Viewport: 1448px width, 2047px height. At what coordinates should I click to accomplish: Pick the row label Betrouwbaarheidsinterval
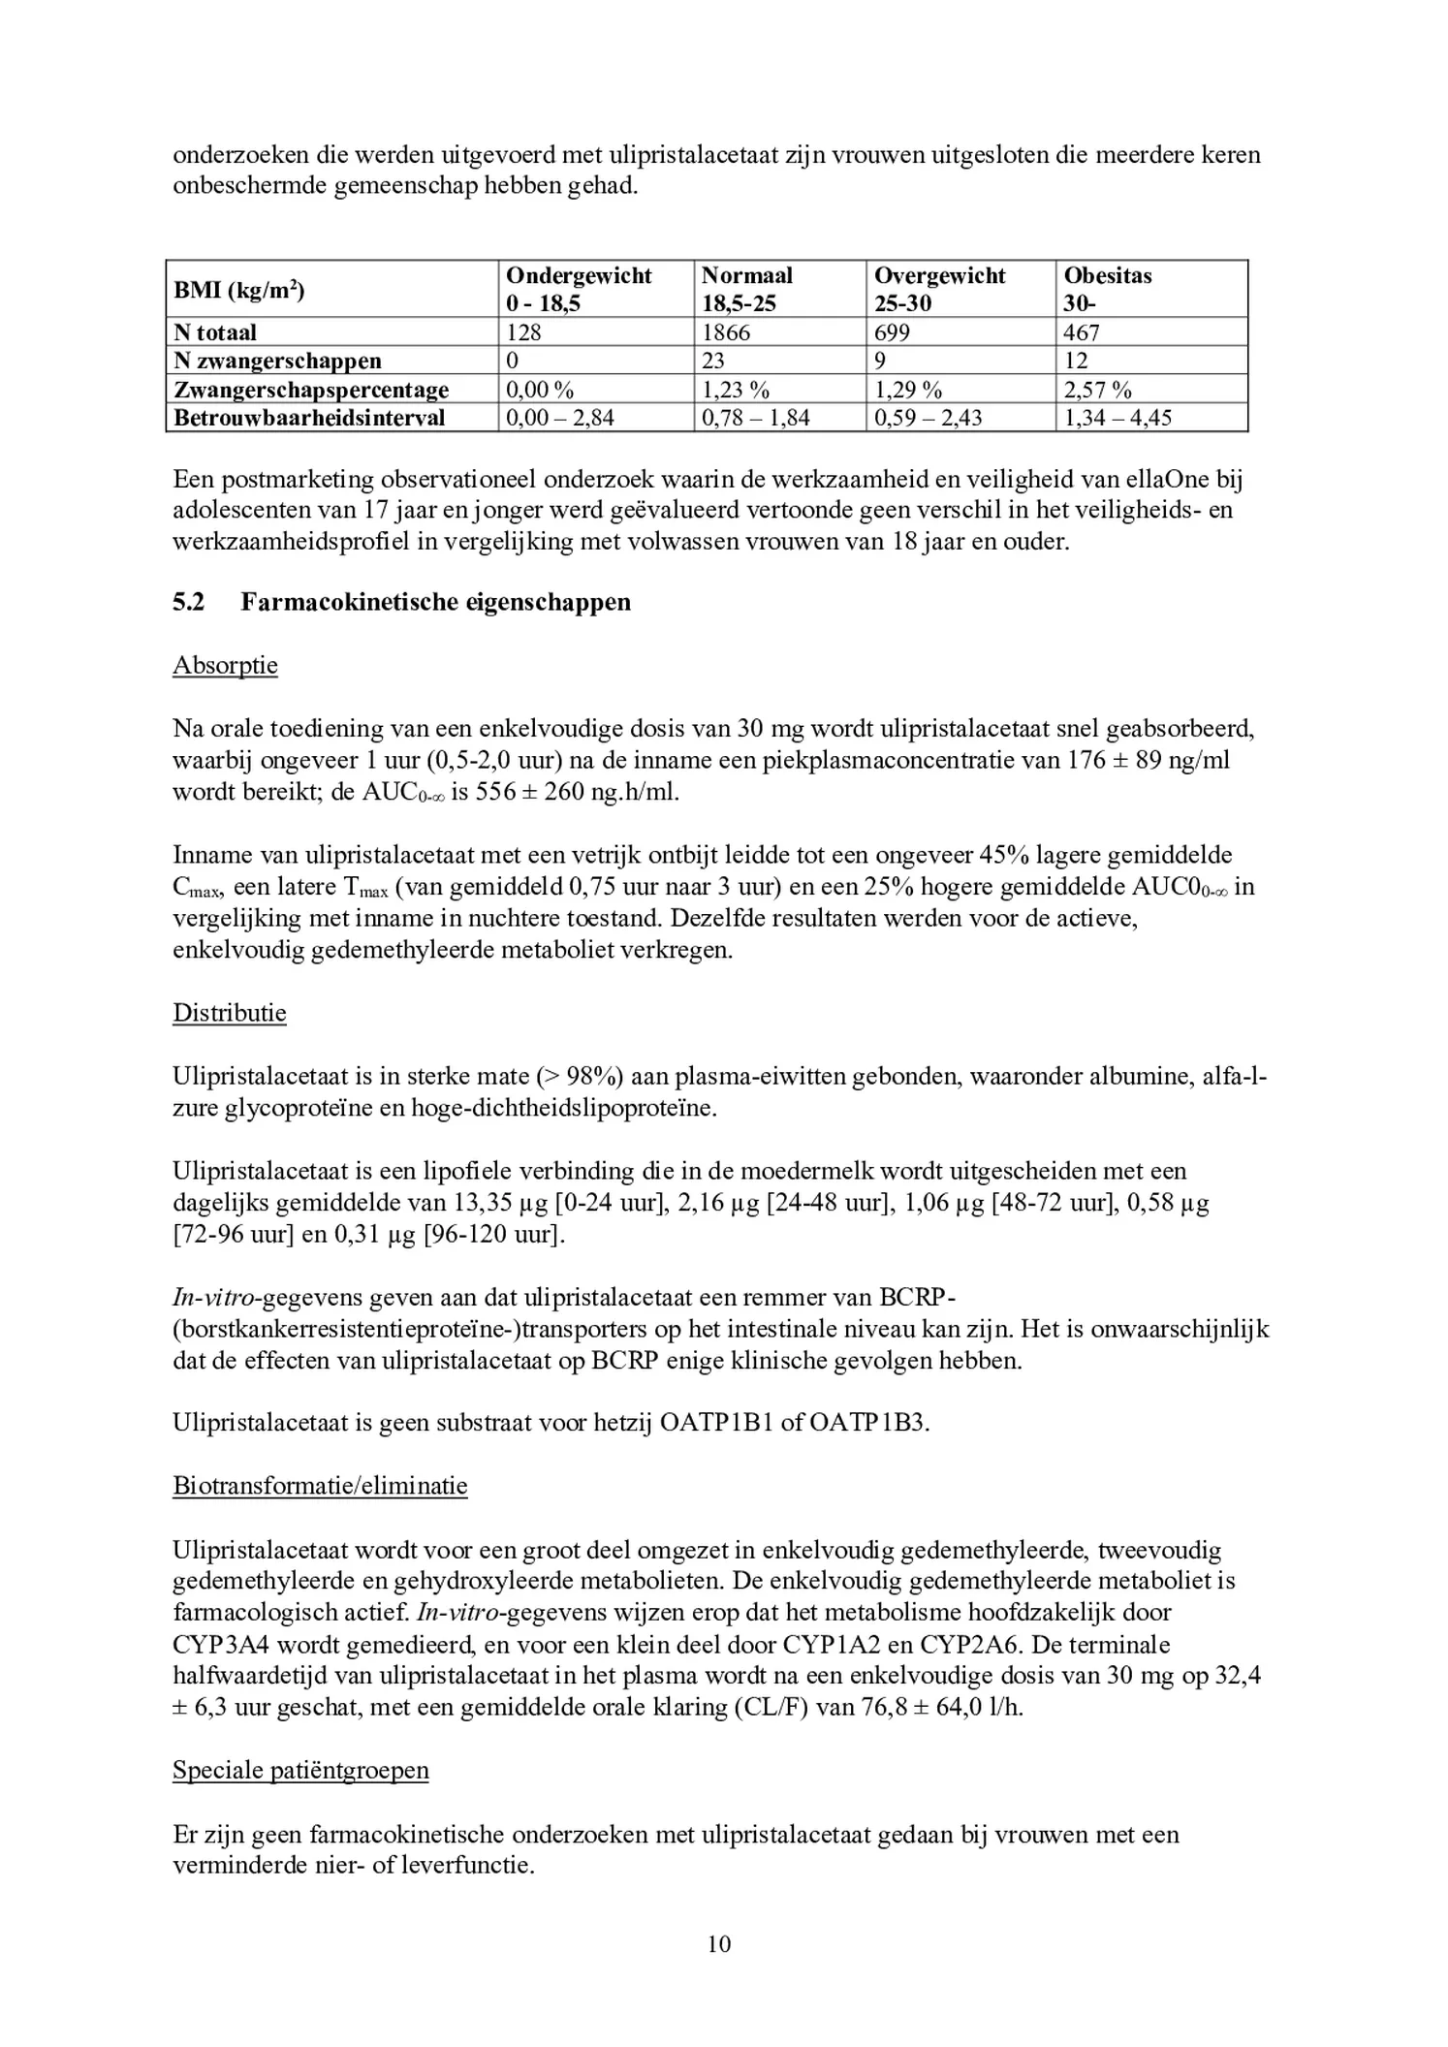click(309, 418)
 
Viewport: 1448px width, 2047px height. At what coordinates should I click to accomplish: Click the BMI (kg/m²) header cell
click(238, 289)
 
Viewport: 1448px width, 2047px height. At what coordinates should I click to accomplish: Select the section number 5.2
click(189, 602)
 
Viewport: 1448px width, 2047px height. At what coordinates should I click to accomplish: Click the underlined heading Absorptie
click(225, 666)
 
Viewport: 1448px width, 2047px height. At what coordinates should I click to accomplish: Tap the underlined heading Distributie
click(230, 1013)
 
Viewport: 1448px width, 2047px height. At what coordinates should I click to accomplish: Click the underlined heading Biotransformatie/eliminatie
click(320, 1486)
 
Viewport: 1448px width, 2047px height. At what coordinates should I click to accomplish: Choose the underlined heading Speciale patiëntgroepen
click(300, 1770)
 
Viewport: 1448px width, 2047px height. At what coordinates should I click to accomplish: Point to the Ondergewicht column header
click(579, 275)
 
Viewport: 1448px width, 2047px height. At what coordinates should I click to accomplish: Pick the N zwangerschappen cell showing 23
click(712, 361)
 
